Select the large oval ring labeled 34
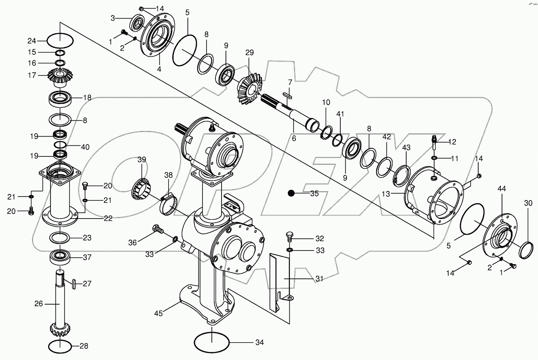[212, 343]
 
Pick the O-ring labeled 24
[60, 41]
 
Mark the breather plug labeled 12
[435, 142]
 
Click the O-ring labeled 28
[60, 346]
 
